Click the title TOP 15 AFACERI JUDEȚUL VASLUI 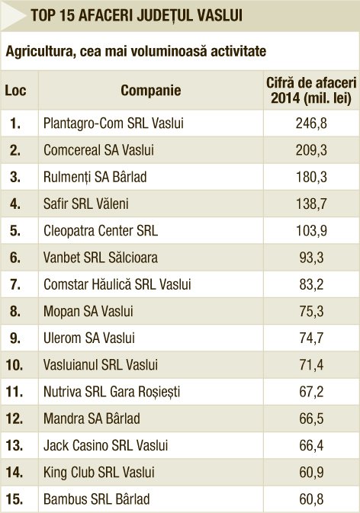tap(137, 15)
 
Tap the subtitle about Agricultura tap(136, 51)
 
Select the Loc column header tap(15, 91)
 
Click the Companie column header tap(150, 91)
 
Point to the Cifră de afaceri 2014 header tap(311, 91)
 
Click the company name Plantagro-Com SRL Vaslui tap(114, 123)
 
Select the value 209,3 tap(311, 150)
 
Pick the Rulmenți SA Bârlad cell tap(95, 178)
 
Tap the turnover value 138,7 tap(311, 204)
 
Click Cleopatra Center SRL tap(101, 231)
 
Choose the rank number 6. tap(15, 258)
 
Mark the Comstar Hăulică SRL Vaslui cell tap(117, 284)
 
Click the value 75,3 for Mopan tap(311, 312)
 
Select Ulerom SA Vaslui tap(89, 338)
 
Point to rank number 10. tap(14, 365)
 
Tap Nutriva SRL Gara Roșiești tap(112, 392)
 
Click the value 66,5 tap(311, 418)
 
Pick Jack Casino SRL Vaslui tap(106, 445)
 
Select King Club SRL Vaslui tap(99, 473)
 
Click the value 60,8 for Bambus tap(311, 499)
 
